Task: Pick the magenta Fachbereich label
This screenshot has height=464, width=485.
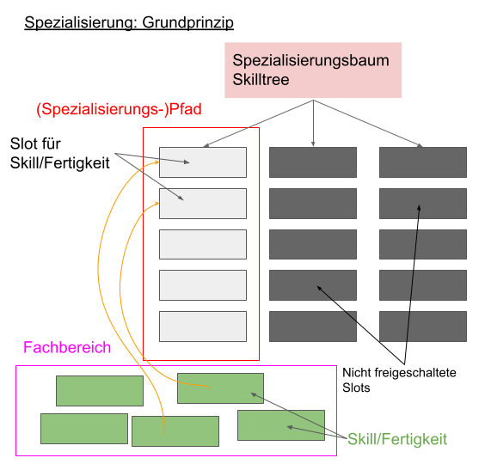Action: click(x=67, y=348)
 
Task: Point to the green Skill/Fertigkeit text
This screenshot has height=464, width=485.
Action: click(x=397, y=439)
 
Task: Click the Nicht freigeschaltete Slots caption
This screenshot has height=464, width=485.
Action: click(x=398, y=380)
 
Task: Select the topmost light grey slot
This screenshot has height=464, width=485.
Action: click(x=203, y=162)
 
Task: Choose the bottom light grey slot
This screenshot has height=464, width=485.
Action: click(x=203, y=327)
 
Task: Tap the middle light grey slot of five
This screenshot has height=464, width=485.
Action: click(x=203, y=244)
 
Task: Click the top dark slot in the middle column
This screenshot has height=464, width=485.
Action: click(x=313, y=162)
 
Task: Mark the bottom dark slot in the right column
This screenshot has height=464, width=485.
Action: click(x=423, y=327)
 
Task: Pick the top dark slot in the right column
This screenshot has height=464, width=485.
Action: click(x=423, y=162)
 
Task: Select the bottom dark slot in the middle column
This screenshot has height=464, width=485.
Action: click(x=313, y=327)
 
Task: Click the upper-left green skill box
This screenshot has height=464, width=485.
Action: click(x=100, y=390)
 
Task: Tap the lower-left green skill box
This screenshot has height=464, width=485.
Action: click(x=83, y=428)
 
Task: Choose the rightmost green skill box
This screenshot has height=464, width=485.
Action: click(x=281, y=425)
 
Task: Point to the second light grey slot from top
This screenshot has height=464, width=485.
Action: click(x=203, y=204)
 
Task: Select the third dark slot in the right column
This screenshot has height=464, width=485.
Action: click(x=423, y=244)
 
